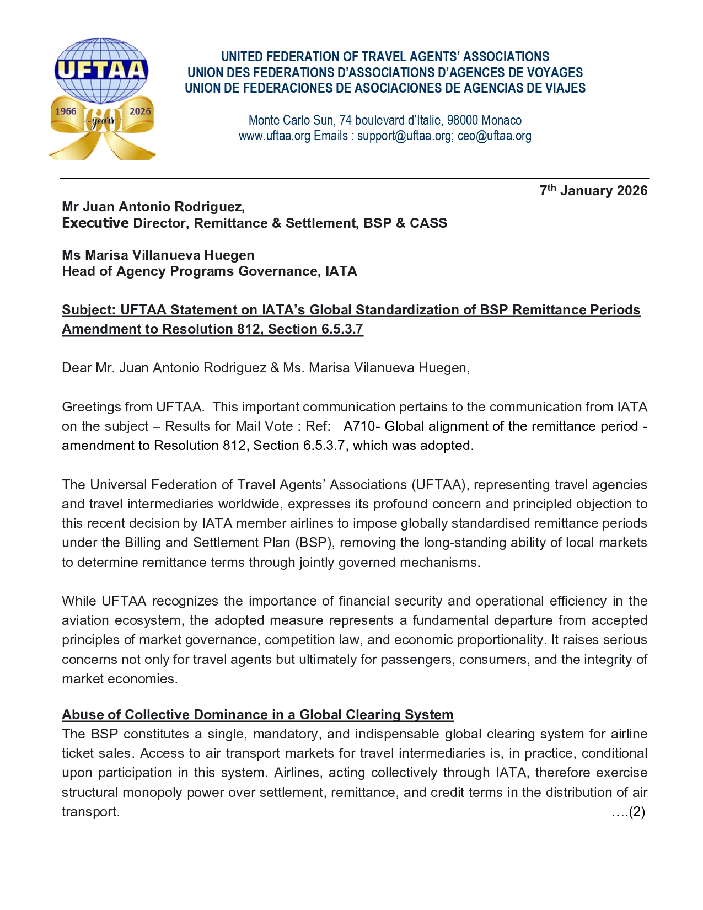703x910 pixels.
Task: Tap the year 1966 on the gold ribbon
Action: [66, 111]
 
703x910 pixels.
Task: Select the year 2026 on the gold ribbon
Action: [140, 111]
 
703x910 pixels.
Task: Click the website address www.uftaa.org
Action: [274, 136]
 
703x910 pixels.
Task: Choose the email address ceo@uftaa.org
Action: [494, 136]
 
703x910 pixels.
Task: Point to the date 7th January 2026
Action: [593, 191]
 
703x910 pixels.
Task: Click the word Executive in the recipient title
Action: [95, 223]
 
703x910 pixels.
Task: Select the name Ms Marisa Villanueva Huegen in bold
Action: [158, 255]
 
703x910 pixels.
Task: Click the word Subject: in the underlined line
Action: [89, 310]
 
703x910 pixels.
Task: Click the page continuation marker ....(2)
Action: [628, 812]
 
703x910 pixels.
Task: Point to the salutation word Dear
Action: [77, 368]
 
